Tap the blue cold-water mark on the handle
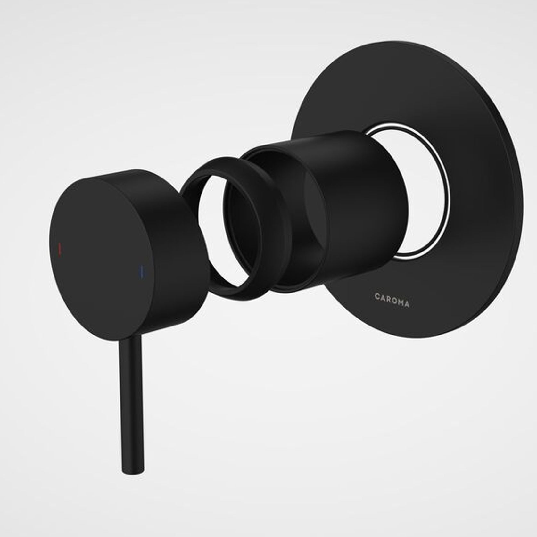click(x=140, y=271)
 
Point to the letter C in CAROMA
click(x=377, y=296)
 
